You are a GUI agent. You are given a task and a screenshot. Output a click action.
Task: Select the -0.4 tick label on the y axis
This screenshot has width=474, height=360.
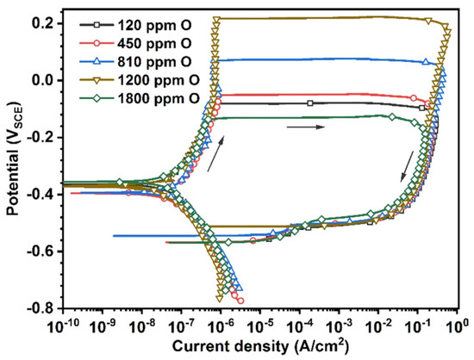point(43,194)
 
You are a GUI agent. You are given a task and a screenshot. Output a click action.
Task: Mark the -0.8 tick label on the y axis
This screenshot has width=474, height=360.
point(43,308)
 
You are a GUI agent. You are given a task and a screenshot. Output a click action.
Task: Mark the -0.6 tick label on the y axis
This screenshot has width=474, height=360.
point(43,251)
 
